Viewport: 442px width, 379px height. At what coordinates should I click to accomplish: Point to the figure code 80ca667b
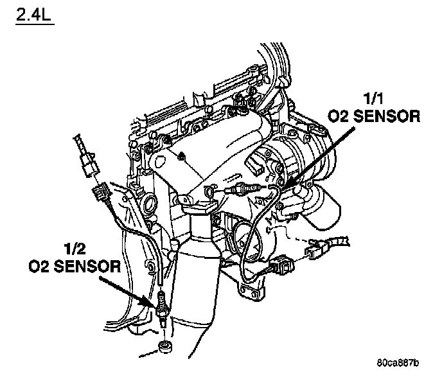tap(398, 363)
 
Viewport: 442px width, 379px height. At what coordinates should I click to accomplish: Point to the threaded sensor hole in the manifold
tap(208, 190)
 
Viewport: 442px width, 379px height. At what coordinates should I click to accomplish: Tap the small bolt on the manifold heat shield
tap(182, 155)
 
